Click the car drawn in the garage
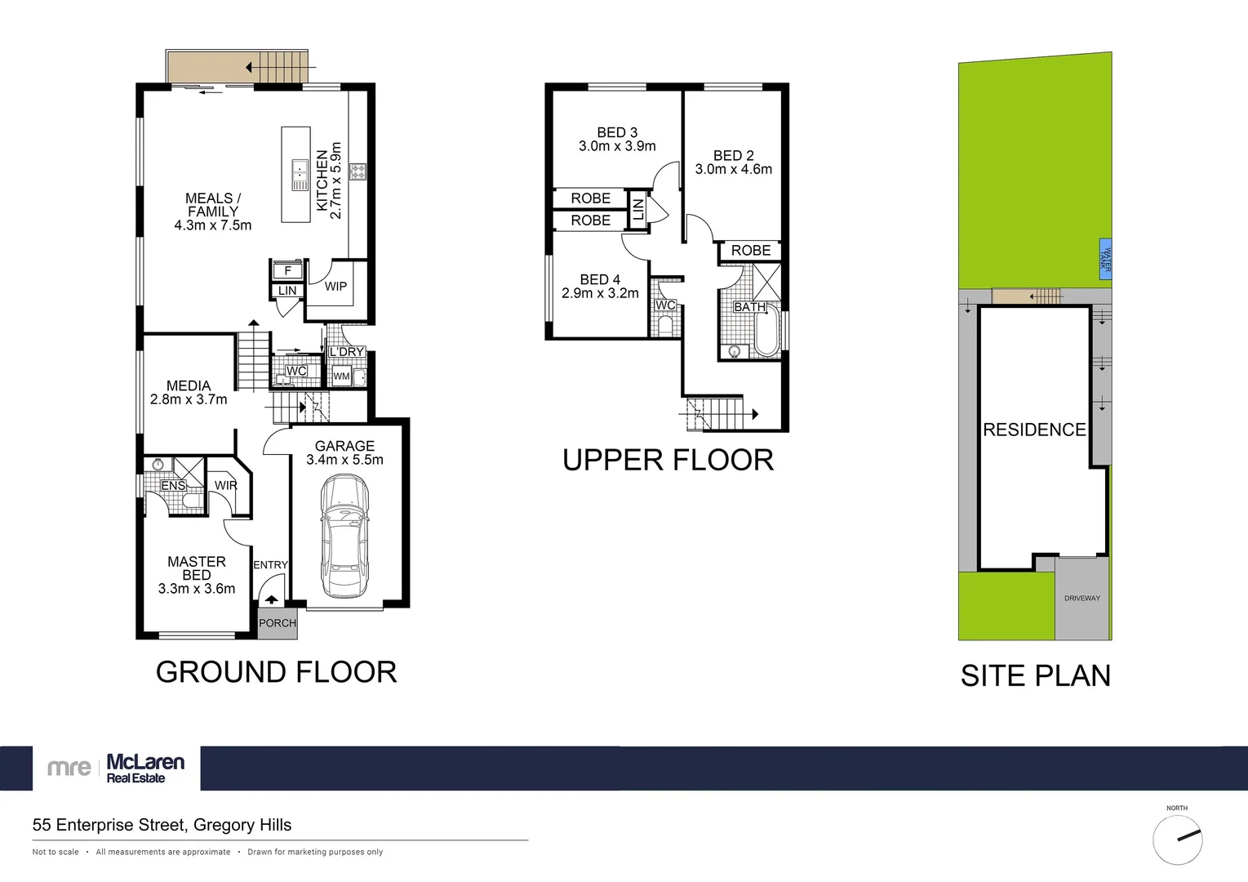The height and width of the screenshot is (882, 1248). (344, 536)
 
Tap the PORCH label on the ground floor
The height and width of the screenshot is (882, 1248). (278, 623)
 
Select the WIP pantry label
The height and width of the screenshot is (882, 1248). (335, 287)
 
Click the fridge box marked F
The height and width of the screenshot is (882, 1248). (287, 270)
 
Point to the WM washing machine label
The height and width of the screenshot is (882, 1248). (341, 376)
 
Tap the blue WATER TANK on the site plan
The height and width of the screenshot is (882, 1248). (1105, 260)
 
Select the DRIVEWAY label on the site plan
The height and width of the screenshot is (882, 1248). (1082, 599)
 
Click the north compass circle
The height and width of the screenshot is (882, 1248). (1177, 840)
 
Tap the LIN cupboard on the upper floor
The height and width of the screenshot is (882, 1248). (638, 209)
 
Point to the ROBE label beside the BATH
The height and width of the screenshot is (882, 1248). (751, 251)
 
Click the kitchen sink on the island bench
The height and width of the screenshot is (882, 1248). (300, 171)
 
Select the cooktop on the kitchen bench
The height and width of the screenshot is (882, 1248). (358, 171)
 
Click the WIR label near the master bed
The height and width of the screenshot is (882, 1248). (226, 485)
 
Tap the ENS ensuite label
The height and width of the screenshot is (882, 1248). (173, 486)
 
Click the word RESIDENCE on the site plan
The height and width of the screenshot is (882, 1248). (1034, 430)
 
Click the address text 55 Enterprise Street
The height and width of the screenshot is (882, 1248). (162, 825)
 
